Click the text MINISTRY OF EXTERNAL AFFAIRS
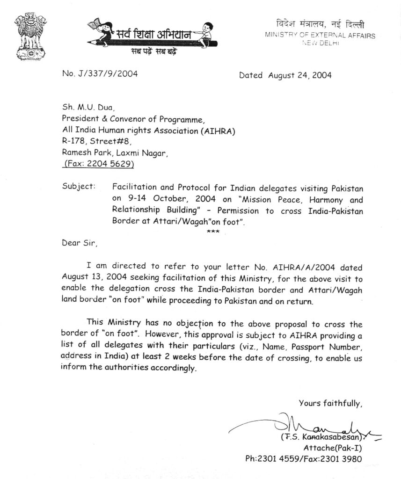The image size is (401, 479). pos(320,35)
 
